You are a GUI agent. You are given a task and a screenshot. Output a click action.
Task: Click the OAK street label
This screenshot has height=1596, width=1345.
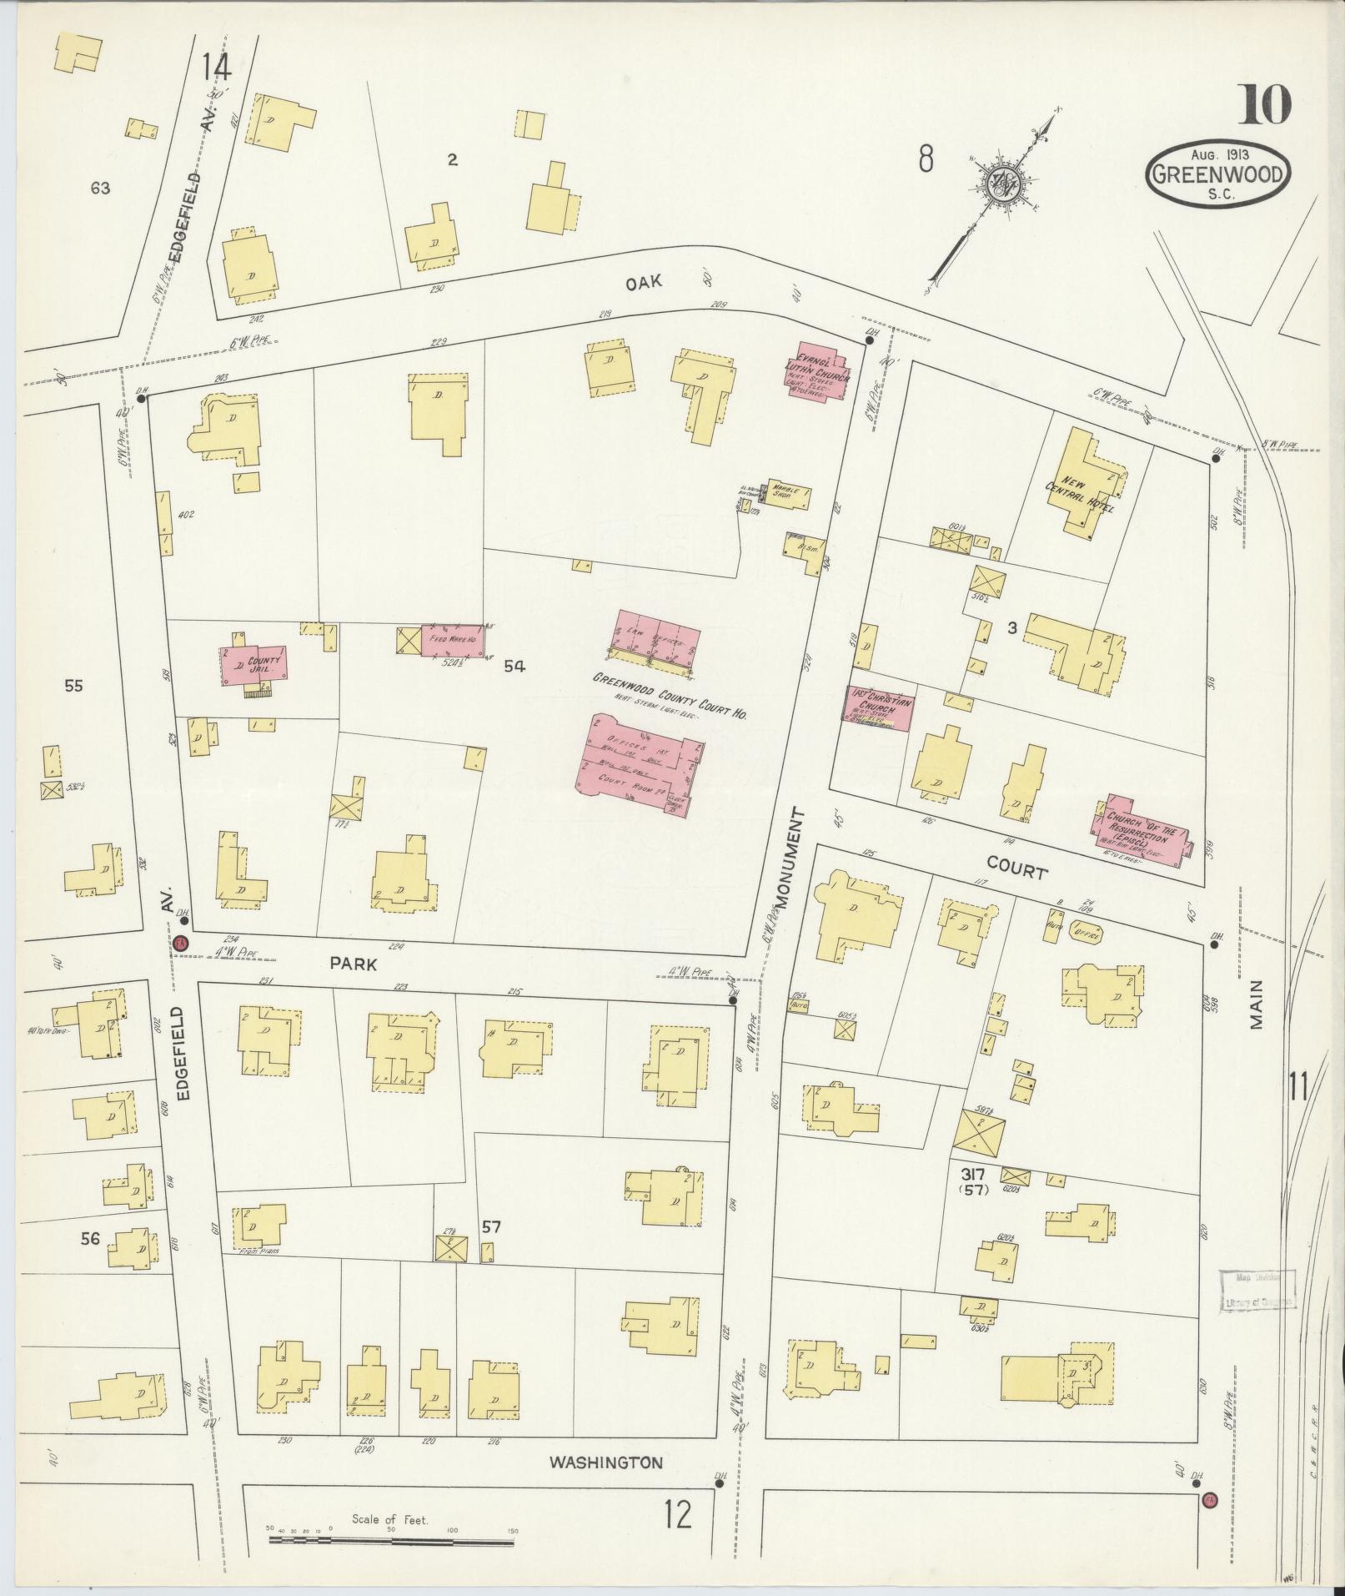click(644, 282)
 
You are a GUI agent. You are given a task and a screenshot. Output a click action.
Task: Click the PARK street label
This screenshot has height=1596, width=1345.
click(354, 964)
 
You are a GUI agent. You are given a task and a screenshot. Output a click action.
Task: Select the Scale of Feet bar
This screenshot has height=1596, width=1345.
click(392, 1538)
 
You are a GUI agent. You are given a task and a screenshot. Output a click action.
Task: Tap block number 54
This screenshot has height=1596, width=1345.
click(514, 666)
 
